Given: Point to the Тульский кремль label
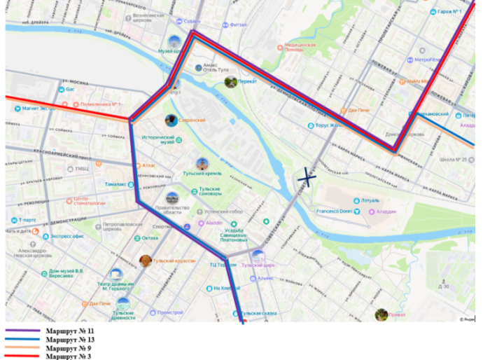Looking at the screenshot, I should pos(202,172).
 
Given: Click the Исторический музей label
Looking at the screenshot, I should pos(158,139).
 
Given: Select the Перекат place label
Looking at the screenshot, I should pos(247,81).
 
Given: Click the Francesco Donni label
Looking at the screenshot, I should pos(334,211).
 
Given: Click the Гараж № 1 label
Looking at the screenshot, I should pos(449,12).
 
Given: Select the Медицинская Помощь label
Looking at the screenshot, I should pos(300,48).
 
